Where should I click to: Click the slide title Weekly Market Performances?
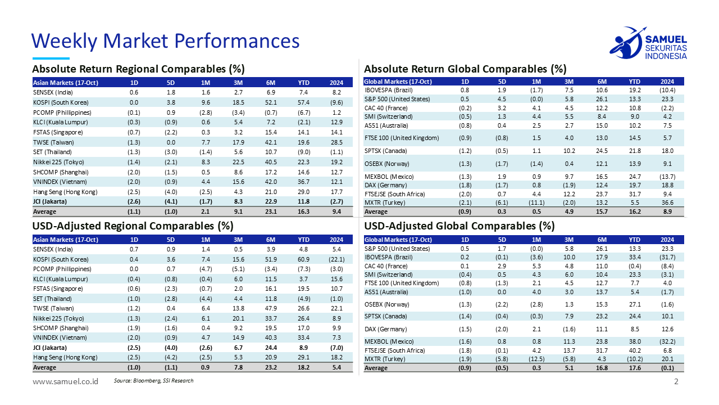pyautogui.click(x=165, y=40)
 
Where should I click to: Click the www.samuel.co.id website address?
pyautogui.click(x=65, y=381)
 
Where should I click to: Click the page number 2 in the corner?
pyautogui.click(x=676, y=382)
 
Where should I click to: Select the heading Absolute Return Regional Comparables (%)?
pyautogui.click(x=138, y=69)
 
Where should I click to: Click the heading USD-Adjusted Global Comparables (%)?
pyautogui.click(x=459, y=226)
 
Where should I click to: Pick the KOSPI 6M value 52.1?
pyautogui.click(x=271, y=102)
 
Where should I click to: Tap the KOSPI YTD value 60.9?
pyautogui.click(x=304, y=259)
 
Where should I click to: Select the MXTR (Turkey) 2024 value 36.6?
pyautogui.click(x=667, y=202)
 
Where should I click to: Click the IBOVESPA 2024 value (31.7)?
pyautogui.click(x=667, y=257)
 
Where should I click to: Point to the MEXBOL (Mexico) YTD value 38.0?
pyautogui.click(x=634, y=341)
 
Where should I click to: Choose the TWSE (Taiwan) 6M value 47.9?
pyautogui.click(x=271, y=308)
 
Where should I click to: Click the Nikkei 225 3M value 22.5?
pyautogui.click(x=238, y=161)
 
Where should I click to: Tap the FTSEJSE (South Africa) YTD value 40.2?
pyautogui.click(x=634, y=350)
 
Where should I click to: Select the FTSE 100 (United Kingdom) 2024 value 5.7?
pyautogui.click(x=667, y=138)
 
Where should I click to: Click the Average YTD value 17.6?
pyautogui.click(x=634, y=368)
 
